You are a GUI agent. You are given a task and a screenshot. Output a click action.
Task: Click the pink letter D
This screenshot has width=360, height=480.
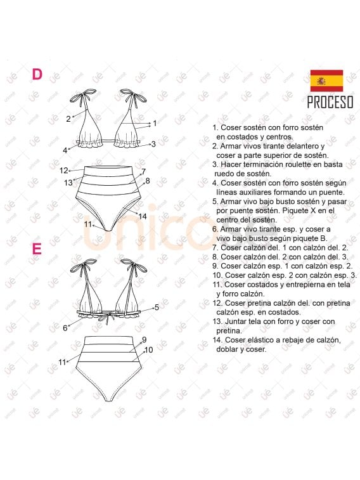(x=37, y=75)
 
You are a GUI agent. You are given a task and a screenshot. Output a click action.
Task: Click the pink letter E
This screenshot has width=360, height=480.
(x=37, y=248)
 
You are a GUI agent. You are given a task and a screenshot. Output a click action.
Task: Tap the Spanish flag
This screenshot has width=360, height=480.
(x=326, y=81)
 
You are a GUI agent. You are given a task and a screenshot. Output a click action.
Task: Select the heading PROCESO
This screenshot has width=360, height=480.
(x=330, y=102)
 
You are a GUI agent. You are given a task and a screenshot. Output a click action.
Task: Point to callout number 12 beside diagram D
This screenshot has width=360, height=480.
(x=63, y=171)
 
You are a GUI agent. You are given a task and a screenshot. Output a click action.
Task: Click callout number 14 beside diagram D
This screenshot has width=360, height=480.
(x=143, y=217)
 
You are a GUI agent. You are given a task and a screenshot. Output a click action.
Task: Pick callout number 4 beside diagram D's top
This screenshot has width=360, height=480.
(x=65, y=150)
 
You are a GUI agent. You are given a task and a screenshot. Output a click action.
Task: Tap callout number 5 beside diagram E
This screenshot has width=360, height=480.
(x=156, y=307)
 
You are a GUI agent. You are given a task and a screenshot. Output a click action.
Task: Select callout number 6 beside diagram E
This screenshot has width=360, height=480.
(x=65, y=328)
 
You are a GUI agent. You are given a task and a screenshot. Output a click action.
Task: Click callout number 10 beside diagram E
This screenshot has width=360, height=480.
(x=148, y=349)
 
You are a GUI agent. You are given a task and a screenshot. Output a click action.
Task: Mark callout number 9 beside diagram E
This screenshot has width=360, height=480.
(x=144, y=340)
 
